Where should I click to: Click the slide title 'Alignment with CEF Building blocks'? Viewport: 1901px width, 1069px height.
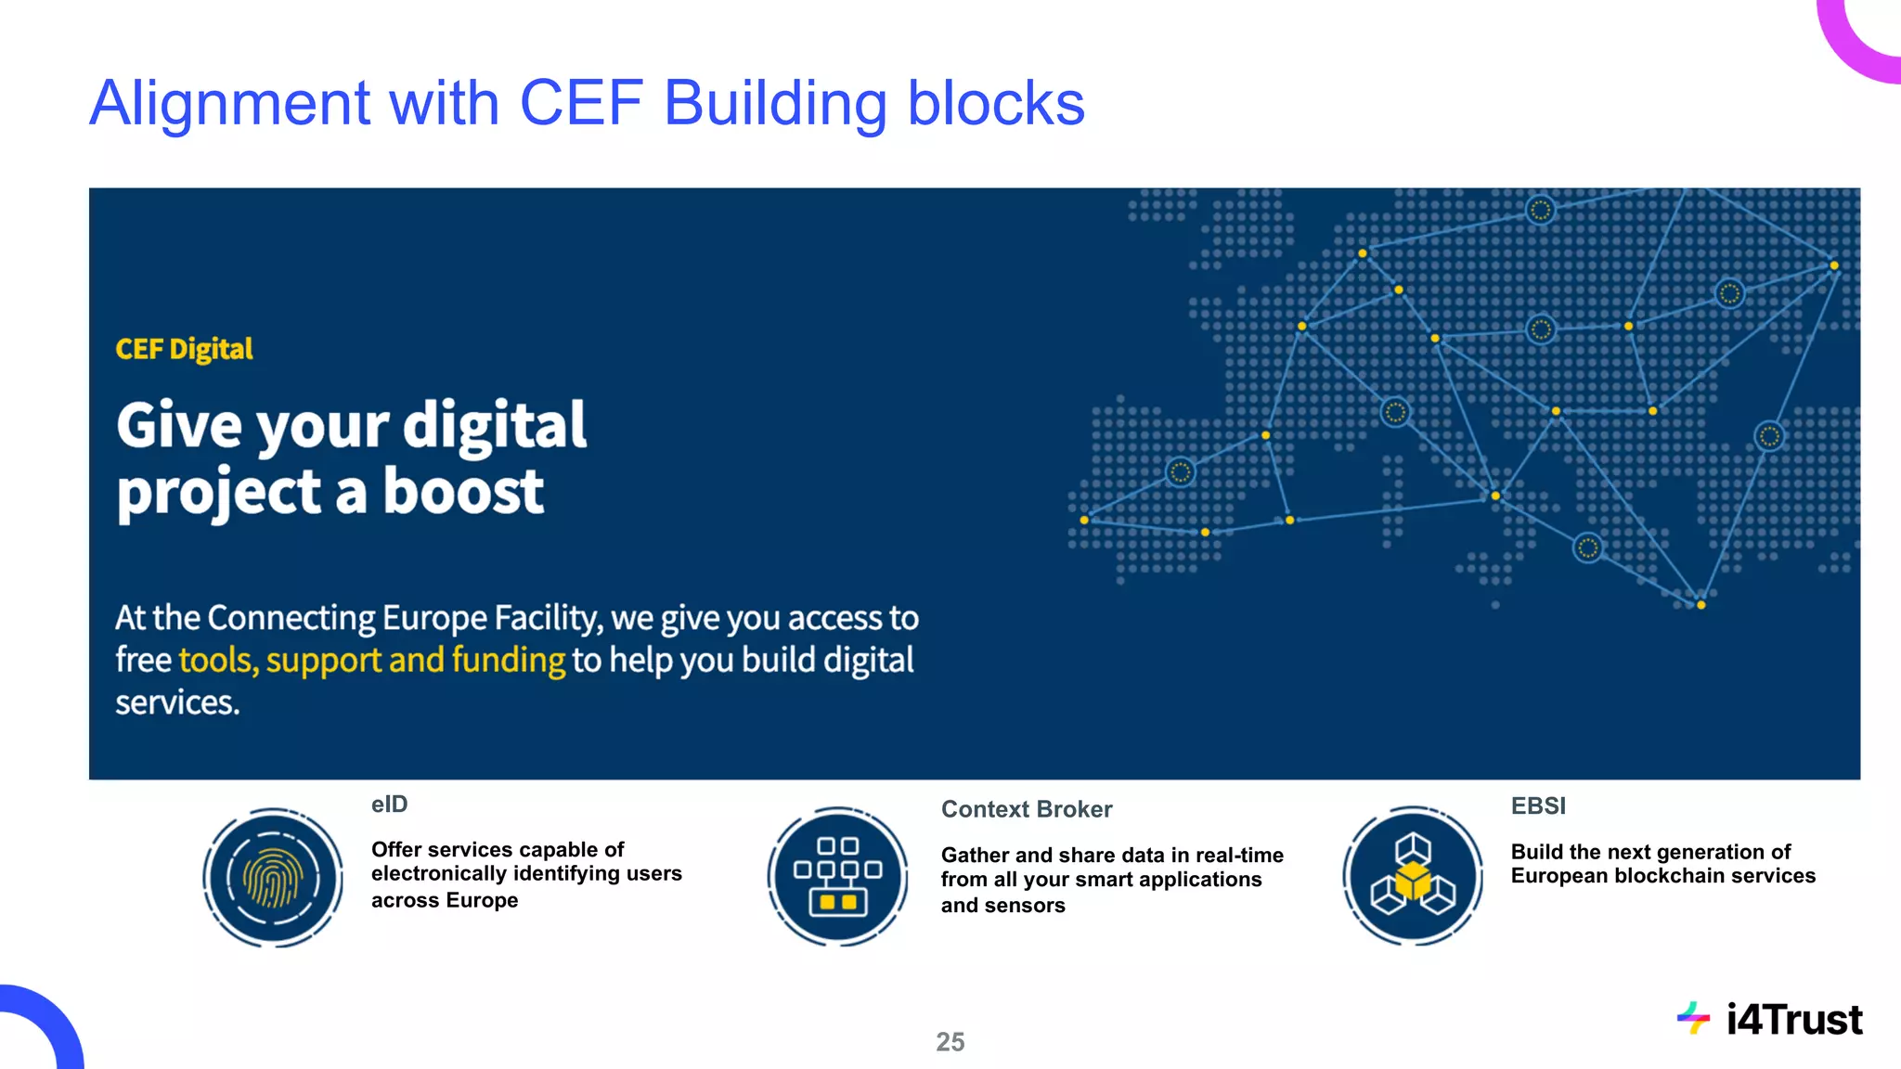pos(587,103)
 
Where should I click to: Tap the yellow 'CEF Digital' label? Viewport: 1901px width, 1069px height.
pos(184,349)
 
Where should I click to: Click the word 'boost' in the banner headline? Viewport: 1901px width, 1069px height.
pos(463,492)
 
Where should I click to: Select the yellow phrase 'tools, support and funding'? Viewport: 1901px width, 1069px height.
pos(371,660)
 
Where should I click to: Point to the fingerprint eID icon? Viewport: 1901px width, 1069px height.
pos(273,877)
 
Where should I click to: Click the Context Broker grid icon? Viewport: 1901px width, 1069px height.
pos(838,876)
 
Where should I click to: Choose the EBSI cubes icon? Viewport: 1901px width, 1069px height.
pos(1413,876)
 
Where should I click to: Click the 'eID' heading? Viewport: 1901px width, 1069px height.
pos(389,805)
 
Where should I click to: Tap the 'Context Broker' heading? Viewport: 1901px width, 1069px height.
pos(1027,809)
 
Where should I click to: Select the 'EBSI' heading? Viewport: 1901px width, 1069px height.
pos(1538,806)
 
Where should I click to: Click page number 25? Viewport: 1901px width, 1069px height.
pos(950,1042)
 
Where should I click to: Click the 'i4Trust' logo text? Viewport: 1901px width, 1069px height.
pos(1794,1020)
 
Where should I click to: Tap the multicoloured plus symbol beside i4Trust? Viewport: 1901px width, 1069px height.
pos(1693,1018)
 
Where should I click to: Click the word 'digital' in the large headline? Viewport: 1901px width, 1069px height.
pos(494,426)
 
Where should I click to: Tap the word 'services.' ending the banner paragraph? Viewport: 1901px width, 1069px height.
pos(177,702)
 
